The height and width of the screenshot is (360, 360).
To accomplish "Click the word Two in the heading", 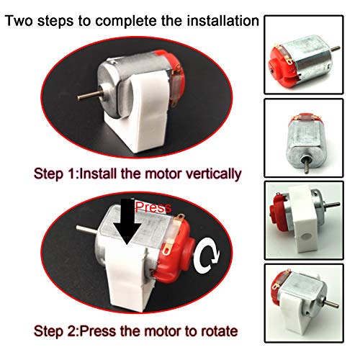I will click(21, 19).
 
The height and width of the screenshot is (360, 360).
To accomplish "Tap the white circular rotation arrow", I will click(211, 254).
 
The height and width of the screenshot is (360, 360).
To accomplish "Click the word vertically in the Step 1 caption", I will click(211, 174).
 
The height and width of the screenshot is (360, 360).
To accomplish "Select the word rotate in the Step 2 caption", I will click(219, 332).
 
